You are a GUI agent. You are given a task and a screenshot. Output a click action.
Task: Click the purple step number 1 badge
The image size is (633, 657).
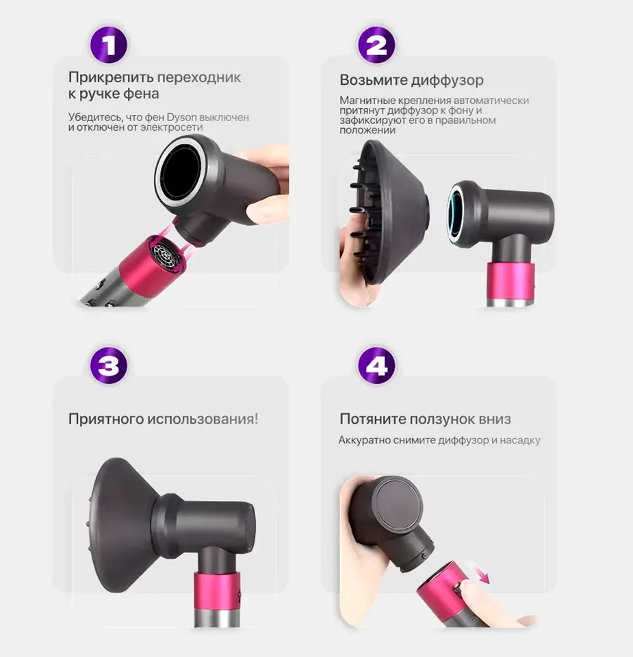[109, 44]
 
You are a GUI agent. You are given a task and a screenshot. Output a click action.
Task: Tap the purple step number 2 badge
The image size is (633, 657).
[376, 44]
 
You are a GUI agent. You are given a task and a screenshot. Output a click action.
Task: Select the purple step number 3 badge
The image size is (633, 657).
[109, 365]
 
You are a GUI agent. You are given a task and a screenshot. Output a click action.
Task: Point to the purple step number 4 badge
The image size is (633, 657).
[376, 365]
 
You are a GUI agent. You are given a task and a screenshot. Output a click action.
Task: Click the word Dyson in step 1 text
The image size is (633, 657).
[181, 117]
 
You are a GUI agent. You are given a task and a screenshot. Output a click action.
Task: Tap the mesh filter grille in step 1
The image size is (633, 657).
[166, 253]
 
